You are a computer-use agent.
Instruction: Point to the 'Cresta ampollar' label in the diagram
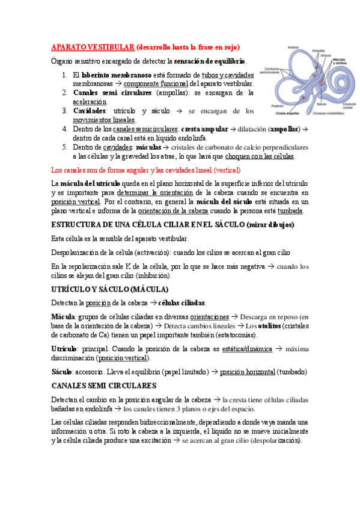click(x=288, y=113)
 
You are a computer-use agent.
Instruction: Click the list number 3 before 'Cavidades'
click(x=64, y=111)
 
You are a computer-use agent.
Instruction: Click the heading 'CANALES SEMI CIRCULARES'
click(x=104, y=385)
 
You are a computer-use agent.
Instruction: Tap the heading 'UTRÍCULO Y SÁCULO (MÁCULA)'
click(x=108, y=289)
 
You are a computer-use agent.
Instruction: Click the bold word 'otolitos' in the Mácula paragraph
click(x=275, y=326)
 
